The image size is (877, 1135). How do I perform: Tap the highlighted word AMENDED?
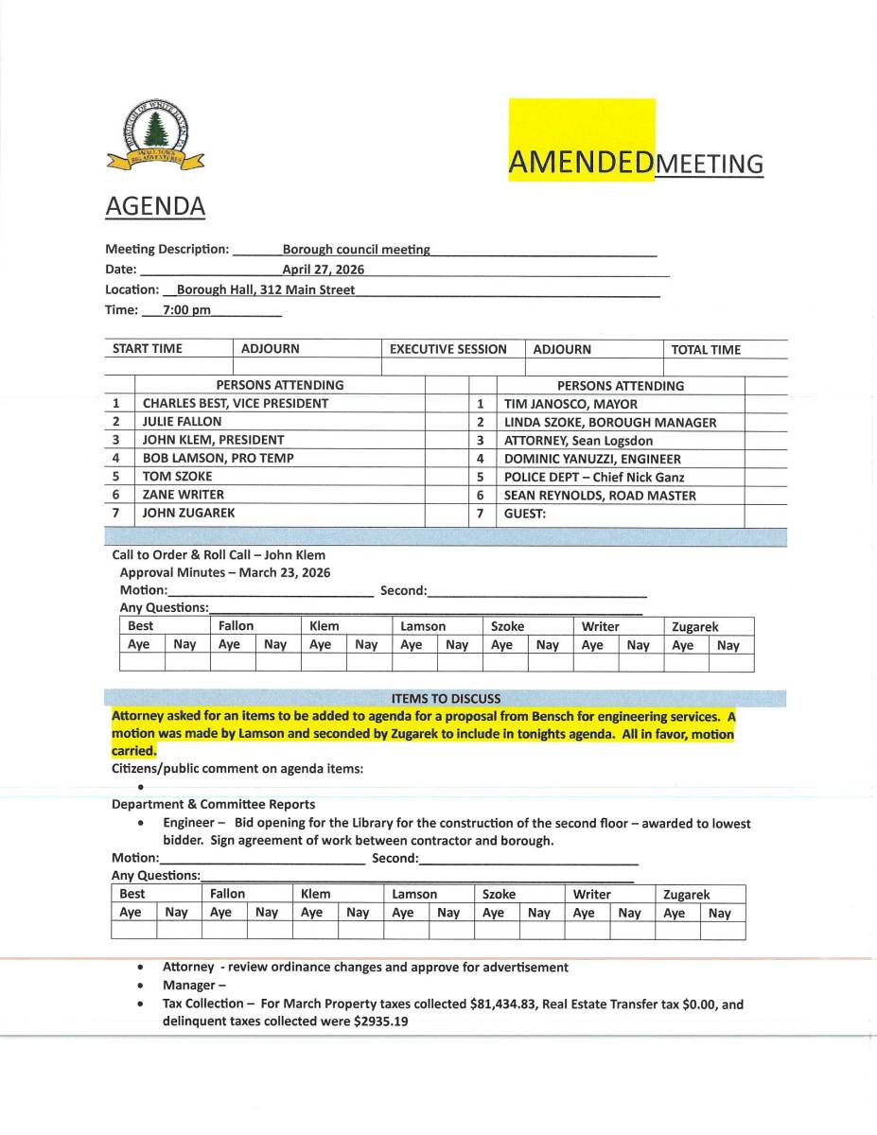click(581, 163)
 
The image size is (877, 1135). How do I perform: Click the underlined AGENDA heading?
click(155, 205)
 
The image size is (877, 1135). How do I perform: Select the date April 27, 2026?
click(323, 270)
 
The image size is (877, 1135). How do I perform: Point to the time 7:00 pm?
click(186, 309)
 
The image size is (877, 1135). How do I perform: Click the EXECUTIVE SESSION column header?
click(448, 349)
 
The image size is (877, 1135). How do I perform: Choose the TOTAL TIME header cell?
click(706, 349)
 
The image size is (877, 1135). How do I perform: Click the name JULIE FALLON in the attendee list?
click(182, 422)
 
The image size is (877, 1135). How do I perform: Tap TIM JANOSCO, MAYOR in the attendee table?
click(570, 404)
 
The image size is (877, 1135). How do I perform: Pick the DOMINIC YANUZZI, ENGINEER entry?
click(592, 459)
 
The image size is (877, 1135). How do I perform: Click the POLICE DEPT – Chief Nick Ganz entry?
click(594, 477)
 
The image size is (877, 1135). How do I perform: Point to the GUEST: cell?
click(525, 514)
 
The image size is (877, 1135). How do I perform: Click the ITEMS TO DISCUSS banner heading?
click(446, 698)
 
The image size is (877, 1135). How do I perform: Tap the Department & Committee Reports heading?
click(213, 804)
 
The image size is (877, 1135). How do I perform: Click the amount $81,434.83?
click(506, 1004)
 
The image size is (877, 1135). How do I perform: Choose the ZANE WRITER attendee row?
click(184, 495)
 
